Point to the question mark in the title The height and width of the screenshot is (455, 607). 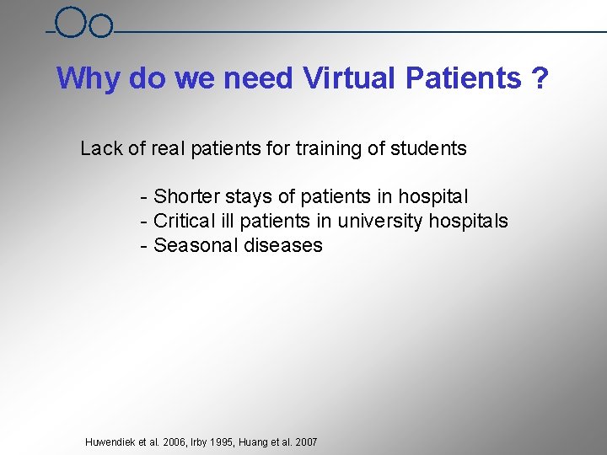(x=540, y=79)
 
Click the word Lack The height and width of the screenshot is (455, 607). (x=101, y=149)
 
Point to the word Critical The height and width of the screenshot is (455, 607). (x=183, y=222)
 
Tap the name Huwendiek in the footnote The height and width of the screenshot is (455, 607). (x=110, y=442)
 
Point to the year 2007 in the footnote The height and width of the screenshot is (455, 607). (x=305, y=442)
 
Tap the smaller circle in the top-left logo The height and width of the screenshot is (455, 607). (x=100, y=27)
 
